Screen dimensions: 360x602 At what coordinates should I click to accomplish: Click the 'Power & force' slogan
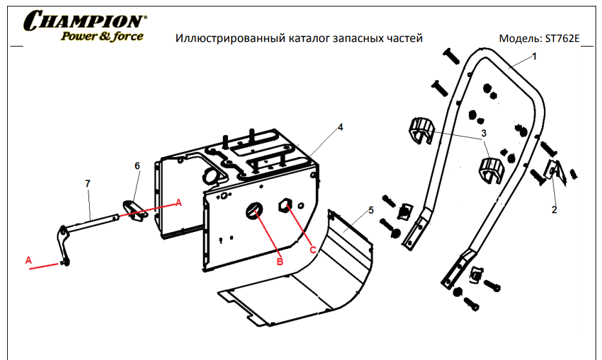click(x=102, y=36)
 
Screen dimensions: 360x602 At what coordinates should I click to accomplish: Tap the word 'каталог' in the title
click(x=309, y=39)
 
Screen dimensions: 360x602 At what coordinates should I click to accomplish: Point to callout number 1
click(x=534, y=56)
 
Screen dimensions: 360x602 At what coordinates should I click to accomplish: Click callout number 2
click(x=554, y=209)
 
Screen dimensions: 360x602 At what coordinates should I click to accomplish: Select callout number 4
click(x=340, y=128)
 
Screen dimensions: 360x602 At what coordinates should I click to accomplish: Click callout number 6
click(x=137, y=166)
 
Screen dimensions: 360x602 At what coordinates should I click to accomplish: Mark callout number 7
click(x=88, y=184)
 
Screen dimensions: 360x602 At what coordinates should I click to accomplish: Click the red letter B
click(x=280, y=261)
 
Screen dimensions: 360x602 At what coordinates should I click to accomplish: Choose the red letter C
click(x=313, y=249)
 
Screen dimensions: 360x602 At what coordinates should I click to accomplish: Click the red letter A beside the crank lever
click(x=28, y=260)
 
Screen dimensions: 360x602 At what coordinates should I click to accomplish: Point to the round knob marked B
click(x=254, y=210)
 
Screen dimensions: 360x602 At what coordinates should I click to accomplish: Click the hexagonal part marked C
click(x=285, y=206)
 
